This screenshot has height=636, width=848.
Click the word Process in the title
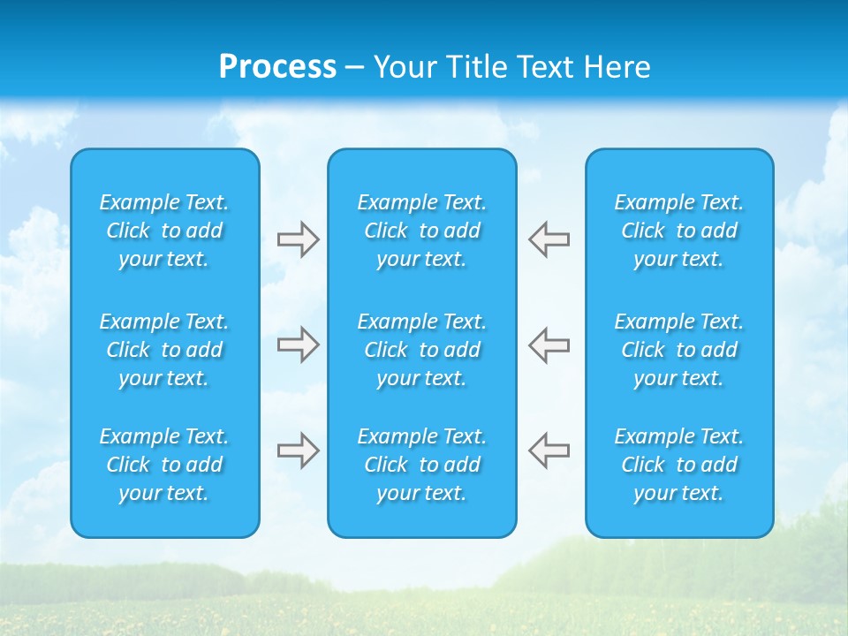tap(277, 67)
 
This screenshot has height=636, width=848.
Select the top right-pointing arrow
tap(298, 239)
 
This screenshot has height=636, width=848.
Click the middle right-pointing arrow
tap(298, 344)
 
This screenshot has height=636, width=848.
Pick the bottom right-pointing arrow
tap(298, 450)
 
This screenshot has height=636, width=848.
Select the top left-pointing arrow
tap(549, 239)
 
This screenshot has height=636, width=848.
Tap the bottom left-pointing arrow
tap(549, 450)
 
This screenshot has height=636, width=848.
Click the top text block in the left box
tap(164, 231)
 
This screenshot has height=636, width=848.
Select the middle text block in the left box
tap(164, 350)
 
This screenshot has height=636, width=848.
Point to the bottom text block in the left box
tap(164, 465)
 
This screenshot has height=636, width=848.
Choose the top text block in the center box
tap(422, 231)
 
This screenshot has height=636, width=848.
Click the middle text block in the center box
tap(422, 350)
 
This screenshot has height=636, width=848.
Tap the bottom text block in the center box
tap(422, 465)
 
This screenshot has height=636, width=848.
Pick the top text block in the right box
tap(679, 231)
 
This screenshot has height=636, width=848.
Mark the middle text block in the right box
tap(679, 350)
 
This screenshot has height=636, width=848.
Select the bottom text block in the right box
tap(679, 465)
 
